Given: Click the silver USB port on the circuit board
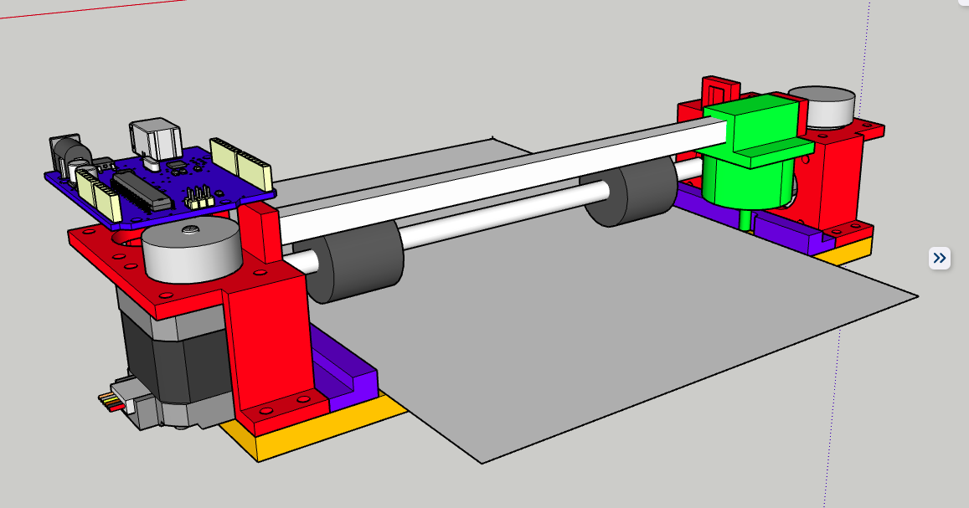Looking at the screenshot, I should coord(154,137).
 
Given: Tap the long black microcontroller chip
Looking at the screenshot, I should coord(140,190).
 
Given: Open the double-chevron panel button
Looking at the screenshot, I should coord(939,258).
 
